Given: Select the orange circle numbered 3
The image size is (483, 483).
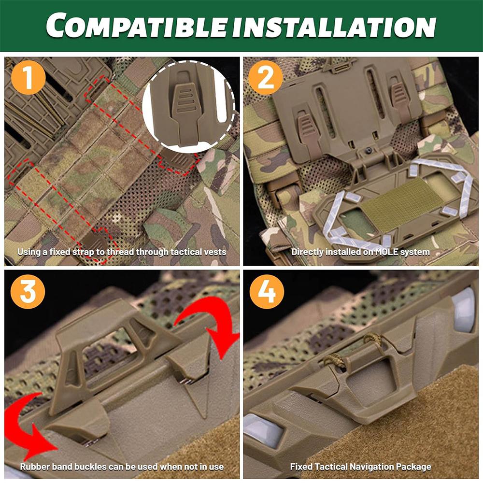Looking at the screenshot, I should [x=28, y=292].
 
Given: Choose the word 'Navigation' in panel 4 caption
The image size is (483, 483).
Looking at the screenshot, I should [x=375, y=467].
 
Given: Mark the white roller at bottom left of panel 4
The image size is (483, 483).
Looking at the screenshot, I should [x=264, y=430].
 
